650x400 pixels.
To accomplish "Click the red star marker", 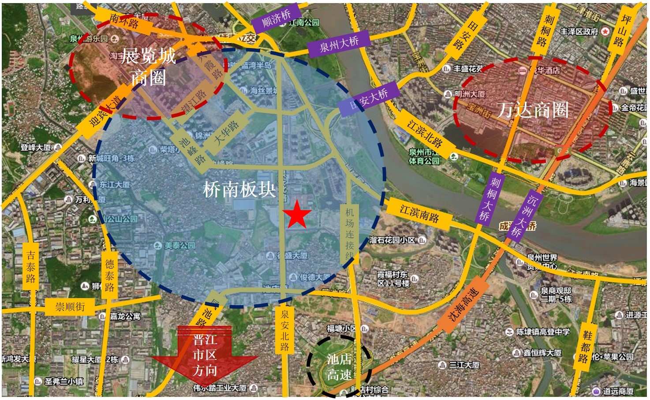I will (x=297, y=214).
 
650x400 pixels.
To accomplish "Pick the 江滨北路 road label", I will (x=425, y=134).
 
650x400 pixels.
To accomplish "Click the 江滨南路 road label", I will (x=419, y=213).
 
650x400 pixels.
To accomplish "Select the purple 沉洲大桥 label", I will (x=525, y=216).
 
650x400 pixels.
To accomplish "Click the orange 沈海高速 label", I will (x=463, y=305).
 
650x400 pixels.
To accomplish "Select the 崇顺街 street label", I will (x=70, y=306).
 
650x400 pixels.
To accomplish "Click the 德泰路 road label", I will (x=110, y=275).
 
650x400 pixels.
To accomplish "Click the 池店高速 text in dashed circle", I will (x=339, y=367).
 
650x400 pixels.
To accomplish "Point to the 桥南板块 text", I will (x=239, y=190).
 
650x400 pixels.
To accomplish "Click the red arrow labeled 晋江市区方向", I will (x=205, y=355).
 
